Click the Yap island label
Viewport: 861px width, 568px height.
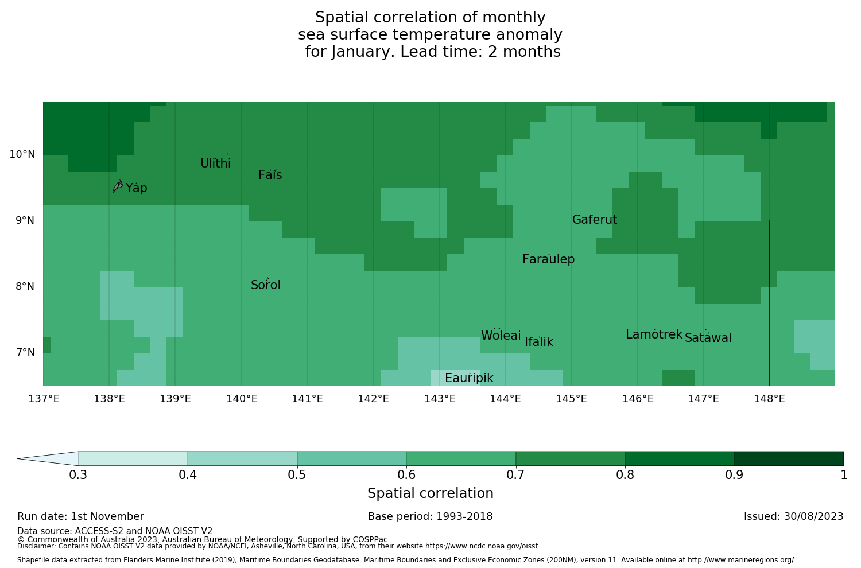tap(137, 188)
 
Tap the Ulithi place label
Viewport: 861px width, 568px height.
tap(216, 164)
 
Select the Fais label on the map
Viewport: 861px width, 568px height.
tap(270, 175)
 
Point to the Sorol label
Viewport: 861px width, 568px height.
tap(266, 285)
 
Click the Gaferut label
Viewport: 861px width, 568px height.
tap(595, 220)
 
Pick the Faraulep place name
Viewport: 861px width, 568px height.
tap(548, 259)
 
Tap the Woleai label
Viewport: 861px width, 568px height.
tap(501, 336)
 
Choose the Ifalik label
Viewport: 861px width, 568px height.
tap(539, 342)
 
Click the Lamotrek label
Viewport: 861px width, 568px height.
tap(654, 334)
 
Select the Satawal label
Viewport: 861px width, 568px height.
tap(708, 338)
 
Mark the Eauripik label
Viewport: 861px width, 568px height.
tap(469, 378)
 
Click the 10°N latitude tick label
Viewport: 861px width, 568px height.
tap(22, 154)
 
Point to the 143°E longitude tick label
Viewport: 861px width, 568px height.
tap(440, 399)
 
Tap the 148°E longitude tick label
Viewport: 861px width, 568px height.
tap(769, 399)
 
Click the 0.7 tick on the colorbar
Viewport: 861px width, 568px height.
tap(515, 475)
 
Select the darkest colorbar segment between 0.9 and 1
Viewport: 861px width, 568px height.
tap(789, 458)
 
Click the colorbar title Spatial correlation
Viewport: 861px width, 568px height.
tap(430, 493)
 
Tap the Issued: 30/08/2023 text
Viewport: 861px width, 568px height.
tap(793, 516)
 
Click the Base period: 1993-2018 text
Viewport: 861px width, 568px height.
tap(430, 516)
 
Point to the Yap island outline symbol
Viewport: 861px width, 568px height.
tap(118, 186)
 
